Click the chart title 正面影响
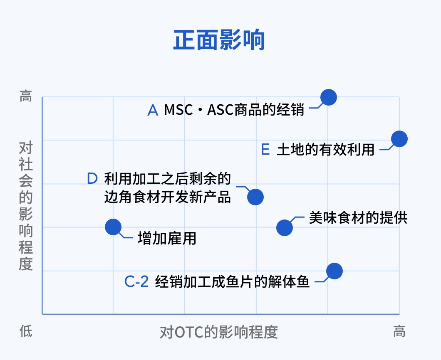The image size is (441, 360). (219, 40)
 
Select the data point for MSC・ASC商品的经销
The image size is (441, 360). (329, 97)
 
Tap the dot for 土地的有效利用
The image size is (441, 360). (399, 139)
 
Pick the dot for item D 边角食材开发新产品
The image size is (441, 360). (255, 197)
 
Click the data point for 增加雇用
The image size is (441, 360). (113, 227)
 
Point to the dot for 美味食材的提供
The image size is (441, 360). (284, 228)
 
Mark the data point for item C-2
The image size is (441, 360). (334, 271)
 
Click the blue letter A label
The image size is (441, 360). (153, 110)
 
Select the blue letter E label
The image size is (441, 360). (265, 149)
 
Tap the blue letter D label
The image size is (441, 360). (92, 178)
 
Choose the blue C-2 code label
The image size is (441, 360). (136, 281)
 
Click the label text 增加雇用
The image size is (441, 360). (167, 238)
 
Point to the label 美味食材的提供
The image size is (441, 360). (358, 218)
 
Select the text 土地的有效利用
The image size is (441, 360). (325, 149)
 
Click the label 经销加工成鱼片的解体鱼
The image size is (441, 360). (232, 281)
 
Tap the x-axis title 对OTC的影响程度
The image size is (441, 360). (219, 332)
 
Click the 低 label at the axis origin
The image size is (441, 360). (26, 331)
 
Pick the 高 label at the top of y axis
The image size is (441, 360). (26, 96)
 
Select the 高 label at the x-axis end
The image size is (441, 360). (399, 331)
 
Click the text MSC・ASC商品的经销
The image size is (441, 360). (234, 110)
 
